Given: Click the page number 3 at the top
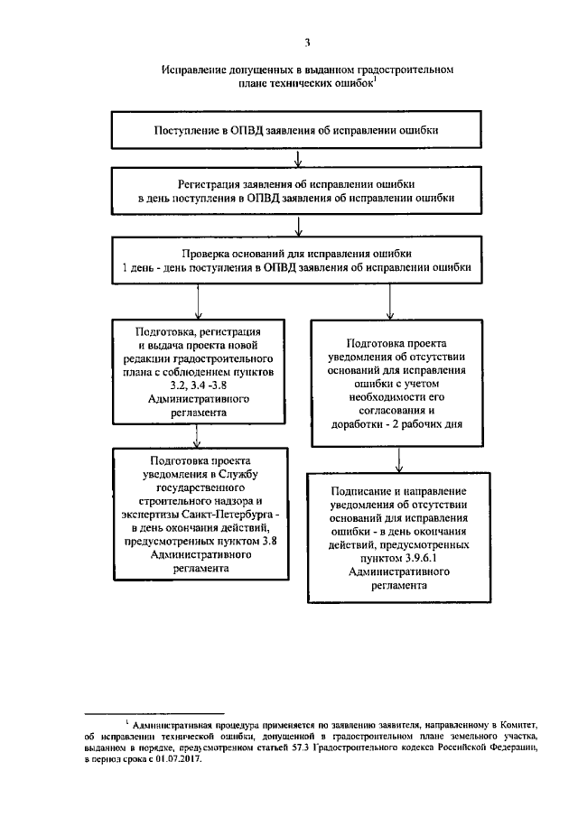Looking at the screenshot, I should click(x=307, y=42).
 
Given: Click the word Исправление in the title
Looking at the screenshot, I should click(x=194, y=69).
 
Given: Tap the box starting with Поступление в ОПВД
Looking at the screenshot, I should click(x=298, y=130).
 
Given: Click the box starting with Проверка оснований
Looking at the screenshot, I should click(x=298, y=260).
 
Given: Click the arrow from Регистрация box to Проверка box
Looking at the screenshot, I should click(x=298, y=225).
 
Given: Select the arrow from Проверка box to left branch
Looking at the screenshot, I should click(x=196, y=302).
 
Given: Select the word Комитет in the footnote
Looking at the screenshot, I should click(x=518, y=724).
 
